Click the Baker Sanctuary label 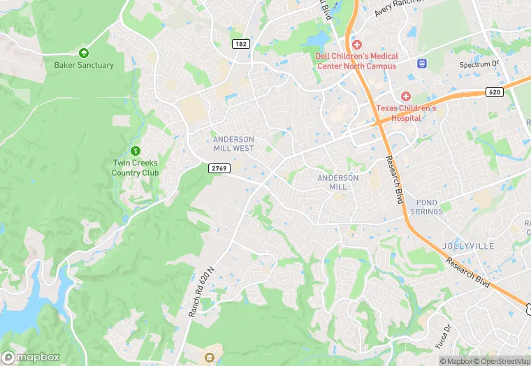tap(84, 65)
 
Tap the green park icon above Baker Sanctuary tap(84, 52)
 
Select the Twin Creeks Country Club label tap(136, 168)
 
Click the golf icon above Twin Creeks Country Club tap(136, 150)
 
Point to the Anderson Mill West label tap(233, 144)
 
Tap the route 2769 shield tap(219, 168)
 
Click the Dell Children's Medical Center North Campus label tap(357, 61)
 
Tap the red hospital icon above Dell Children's tap(357, 44)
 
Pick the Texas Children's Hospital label tap(406, 113)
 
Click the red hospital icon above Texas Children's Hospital tap(405, 96)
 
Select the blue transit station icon tap(422, 64)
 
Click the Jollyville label tap(467, 246)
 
